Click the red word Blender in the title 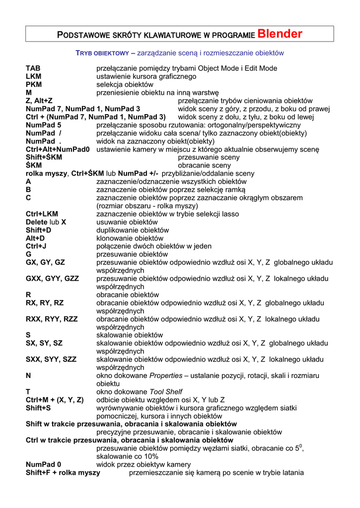[x=280, y=34]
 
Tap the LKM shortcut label [x=34, y=76]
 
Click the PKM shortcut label [x=34, y=84]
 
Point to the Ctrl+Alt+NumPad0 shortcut [x=58, y=149]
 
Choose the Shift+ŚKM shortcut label [x=44, y=157]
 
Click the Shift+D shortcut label [x=38, y=230]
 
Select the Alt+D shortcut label [x=35, y=238]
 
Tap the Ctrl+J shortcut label [x=36, y=246]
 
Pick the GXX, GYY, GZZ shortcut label [x=52, y=279]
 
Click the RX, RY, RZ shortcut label [x=45, y=303]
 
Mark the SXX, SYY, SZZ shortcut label [x=52, y=359]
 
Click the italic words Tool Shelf [x=166, y=392]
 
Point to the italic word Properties [x=166, y=376]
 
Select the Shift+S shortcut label [x=38, y=408]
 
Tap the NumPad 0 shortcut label [x=44, y=464]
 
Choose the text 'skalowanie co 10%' [x=128, y=456]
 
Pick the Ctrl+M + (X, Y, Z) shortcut [x=55, y=400]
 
